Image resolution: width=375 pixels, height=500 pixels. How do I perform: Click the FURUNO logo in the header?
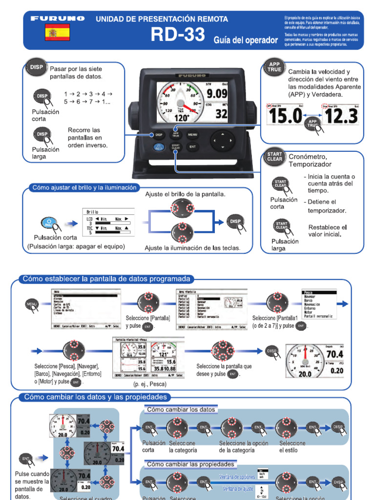(58, 19)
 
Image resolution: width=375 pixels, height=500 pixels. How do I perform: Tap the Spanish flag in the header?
(57, 33)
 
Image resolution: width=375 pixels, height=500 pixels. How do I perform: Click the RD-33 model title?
(177, 35)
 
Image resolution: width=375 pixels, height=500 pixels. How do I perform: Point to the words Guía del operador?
(246, 40)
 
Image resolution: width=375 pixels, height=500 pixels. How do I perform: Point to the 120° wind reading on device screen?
(182, 118)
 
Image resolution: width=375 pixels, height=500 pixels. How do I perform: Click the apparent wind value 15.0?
(284, 117)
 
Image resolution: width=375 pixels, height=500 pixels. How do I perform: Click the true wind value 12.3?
(340, 117)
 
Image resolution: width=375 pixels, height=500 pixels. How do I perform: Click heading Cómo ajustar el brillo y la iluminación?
(84, 187)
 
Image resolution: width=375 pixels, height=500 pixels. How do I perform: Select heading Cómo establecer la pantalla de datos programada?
(106, 279)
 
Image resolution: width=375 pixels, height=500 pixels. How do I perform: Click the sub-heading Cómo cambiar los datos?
(181, 409)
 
